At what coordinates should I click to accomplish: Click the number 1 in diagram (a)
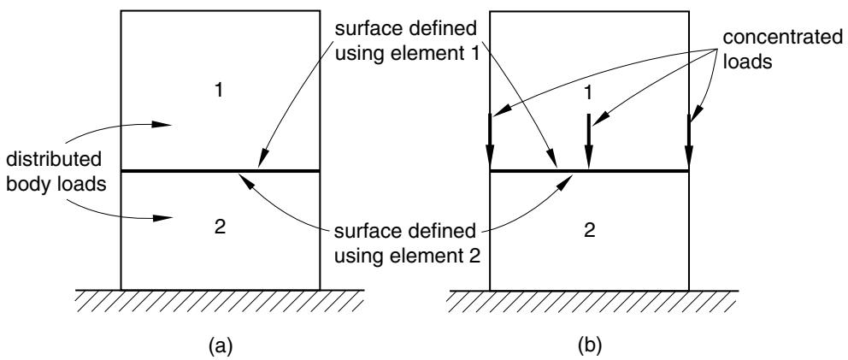pos(219,91)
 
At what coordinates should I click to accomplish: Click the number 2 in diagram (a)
pos(220,228)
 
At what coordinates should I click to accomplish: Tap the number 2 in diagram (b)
pos(589,231)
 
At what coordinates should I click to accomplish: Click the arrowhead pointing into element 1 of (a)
pos(162,125)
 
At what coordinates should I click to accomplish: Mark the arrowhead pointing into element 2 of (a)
pos(162,218)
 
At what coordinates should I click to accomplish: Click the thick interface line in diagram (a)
pos(220,171)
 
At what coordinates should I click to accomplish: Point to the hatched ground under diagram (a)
pos(220,301)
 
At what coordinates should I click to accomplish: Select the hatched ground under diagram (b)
pos(593,301)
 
